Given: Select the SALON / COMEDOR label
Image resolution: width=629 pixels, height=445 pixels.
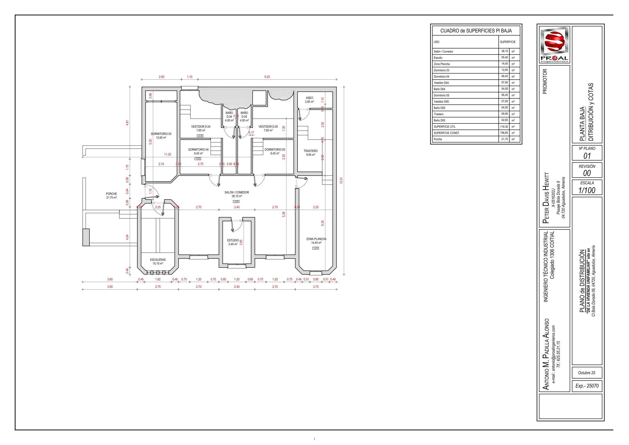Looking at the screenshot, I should pos(237,192).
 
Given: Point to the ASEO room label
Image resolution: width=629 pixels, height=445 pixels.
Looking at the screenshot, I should pos(309,98).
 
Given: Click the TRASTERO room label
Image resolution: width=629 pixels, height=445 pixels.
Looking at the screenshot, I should pos(310,151).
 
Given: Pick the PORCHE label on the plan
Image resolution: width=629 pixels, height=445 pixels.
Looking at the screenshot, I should pos(111,194).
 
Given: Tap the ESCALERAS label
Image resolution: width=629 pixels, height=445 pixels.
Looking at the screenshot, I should pos(158,260).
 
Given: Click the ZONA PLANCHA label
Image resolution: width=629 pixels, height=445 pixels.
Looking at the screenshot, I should pos(316,239).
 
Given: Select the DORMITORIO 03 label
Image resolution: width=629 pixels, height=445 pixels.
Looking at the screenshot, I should pos(161,134).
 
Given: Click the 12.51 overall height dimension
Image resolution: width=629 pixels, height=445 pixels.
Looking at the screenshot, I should pos(341,181).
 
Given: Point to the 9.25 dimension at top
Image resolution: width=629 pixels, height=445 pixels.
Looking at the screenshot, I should pos(267,77).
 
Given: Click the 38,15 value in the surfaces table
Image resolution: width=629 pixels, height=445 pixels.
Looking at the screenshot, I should pos(504,51).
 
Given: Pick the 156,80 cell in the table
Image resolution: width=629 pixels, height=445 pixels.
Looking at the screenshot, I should pos(504,133).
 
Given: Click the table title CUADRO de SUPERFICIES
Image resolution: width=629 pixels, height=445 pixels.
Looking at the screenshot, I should pos(476,31).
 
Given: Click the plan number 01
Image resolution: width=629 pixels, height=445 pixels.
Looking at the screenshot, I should pos(587,156).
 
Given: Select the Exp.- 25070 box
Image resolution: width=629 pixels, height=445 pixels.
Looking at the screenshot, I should pos(587,386).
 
